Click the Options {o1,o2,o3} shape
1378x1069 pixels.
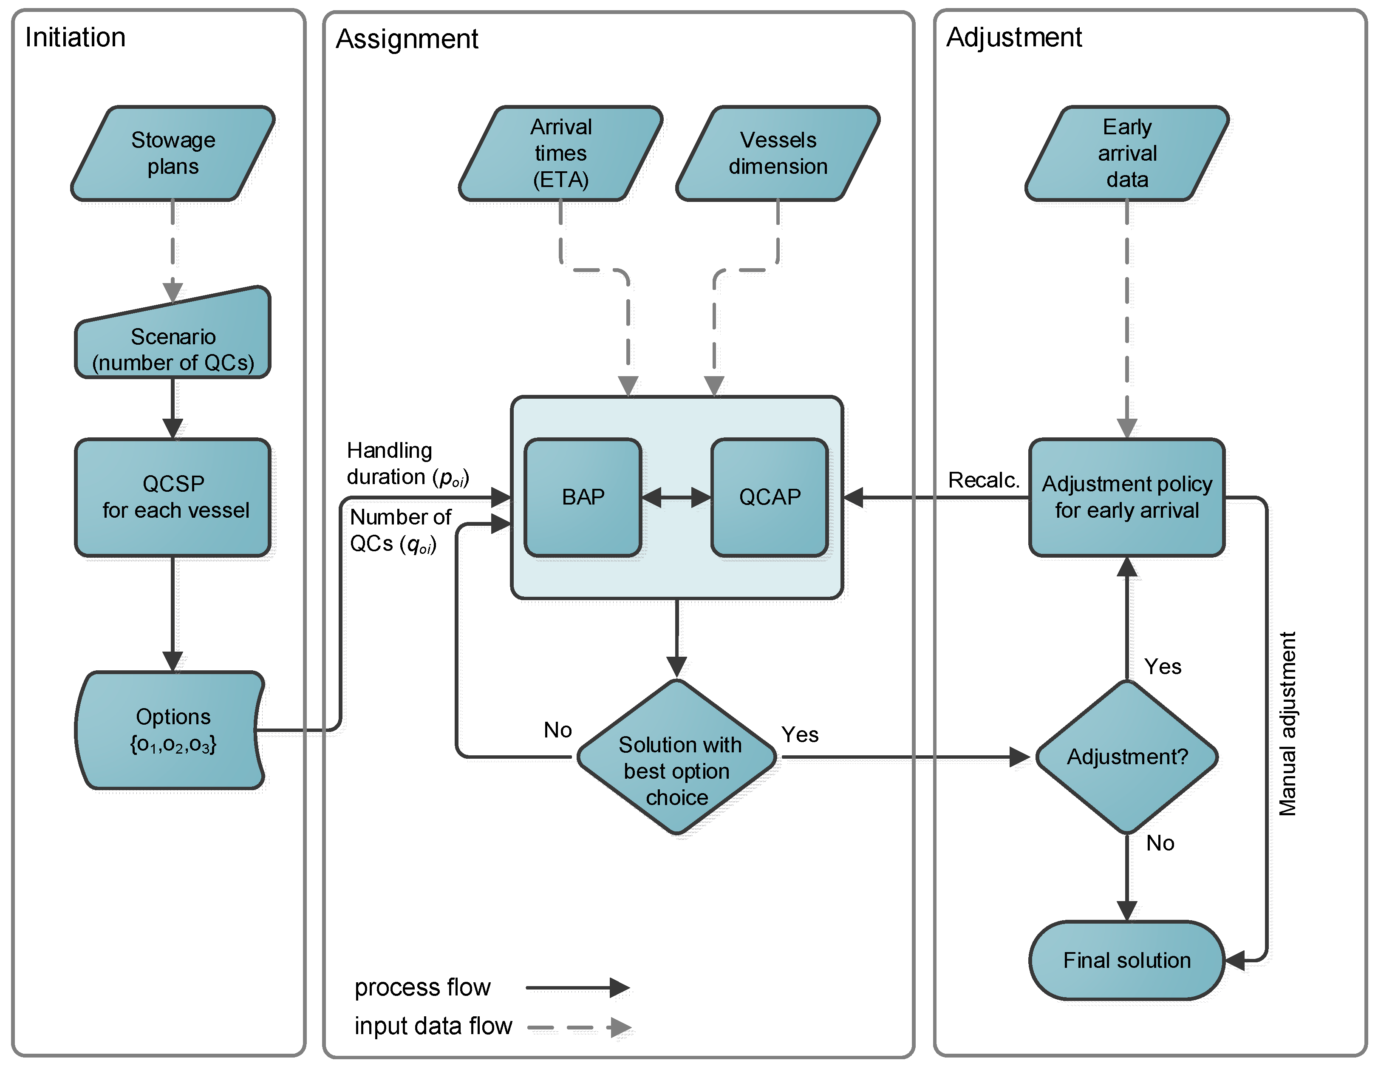170,730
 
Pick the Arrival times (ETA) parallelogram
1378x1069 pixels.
560,153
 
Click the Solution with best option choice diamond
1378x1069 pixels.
676,757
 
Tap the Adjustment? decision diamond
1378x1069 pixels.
1127,757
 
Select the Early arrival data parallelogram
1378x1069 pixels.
1127,153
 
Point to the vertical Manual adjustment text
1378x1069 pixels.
1287,724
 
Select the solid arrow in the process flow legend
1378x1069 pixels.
577,987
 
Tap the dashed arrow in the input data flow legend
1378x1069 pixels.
579,1027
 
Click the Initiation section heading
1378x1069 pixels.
75,37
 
